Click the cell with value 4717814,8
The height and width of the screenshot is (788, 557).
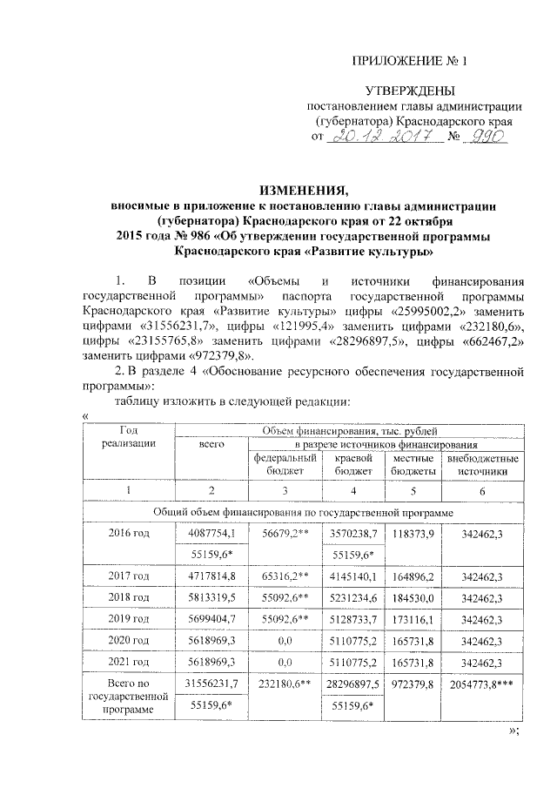213,576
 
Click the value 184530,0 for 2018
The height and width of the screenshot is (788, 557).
413,599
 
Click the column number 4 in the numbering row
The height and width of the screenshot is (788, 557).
354,491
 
